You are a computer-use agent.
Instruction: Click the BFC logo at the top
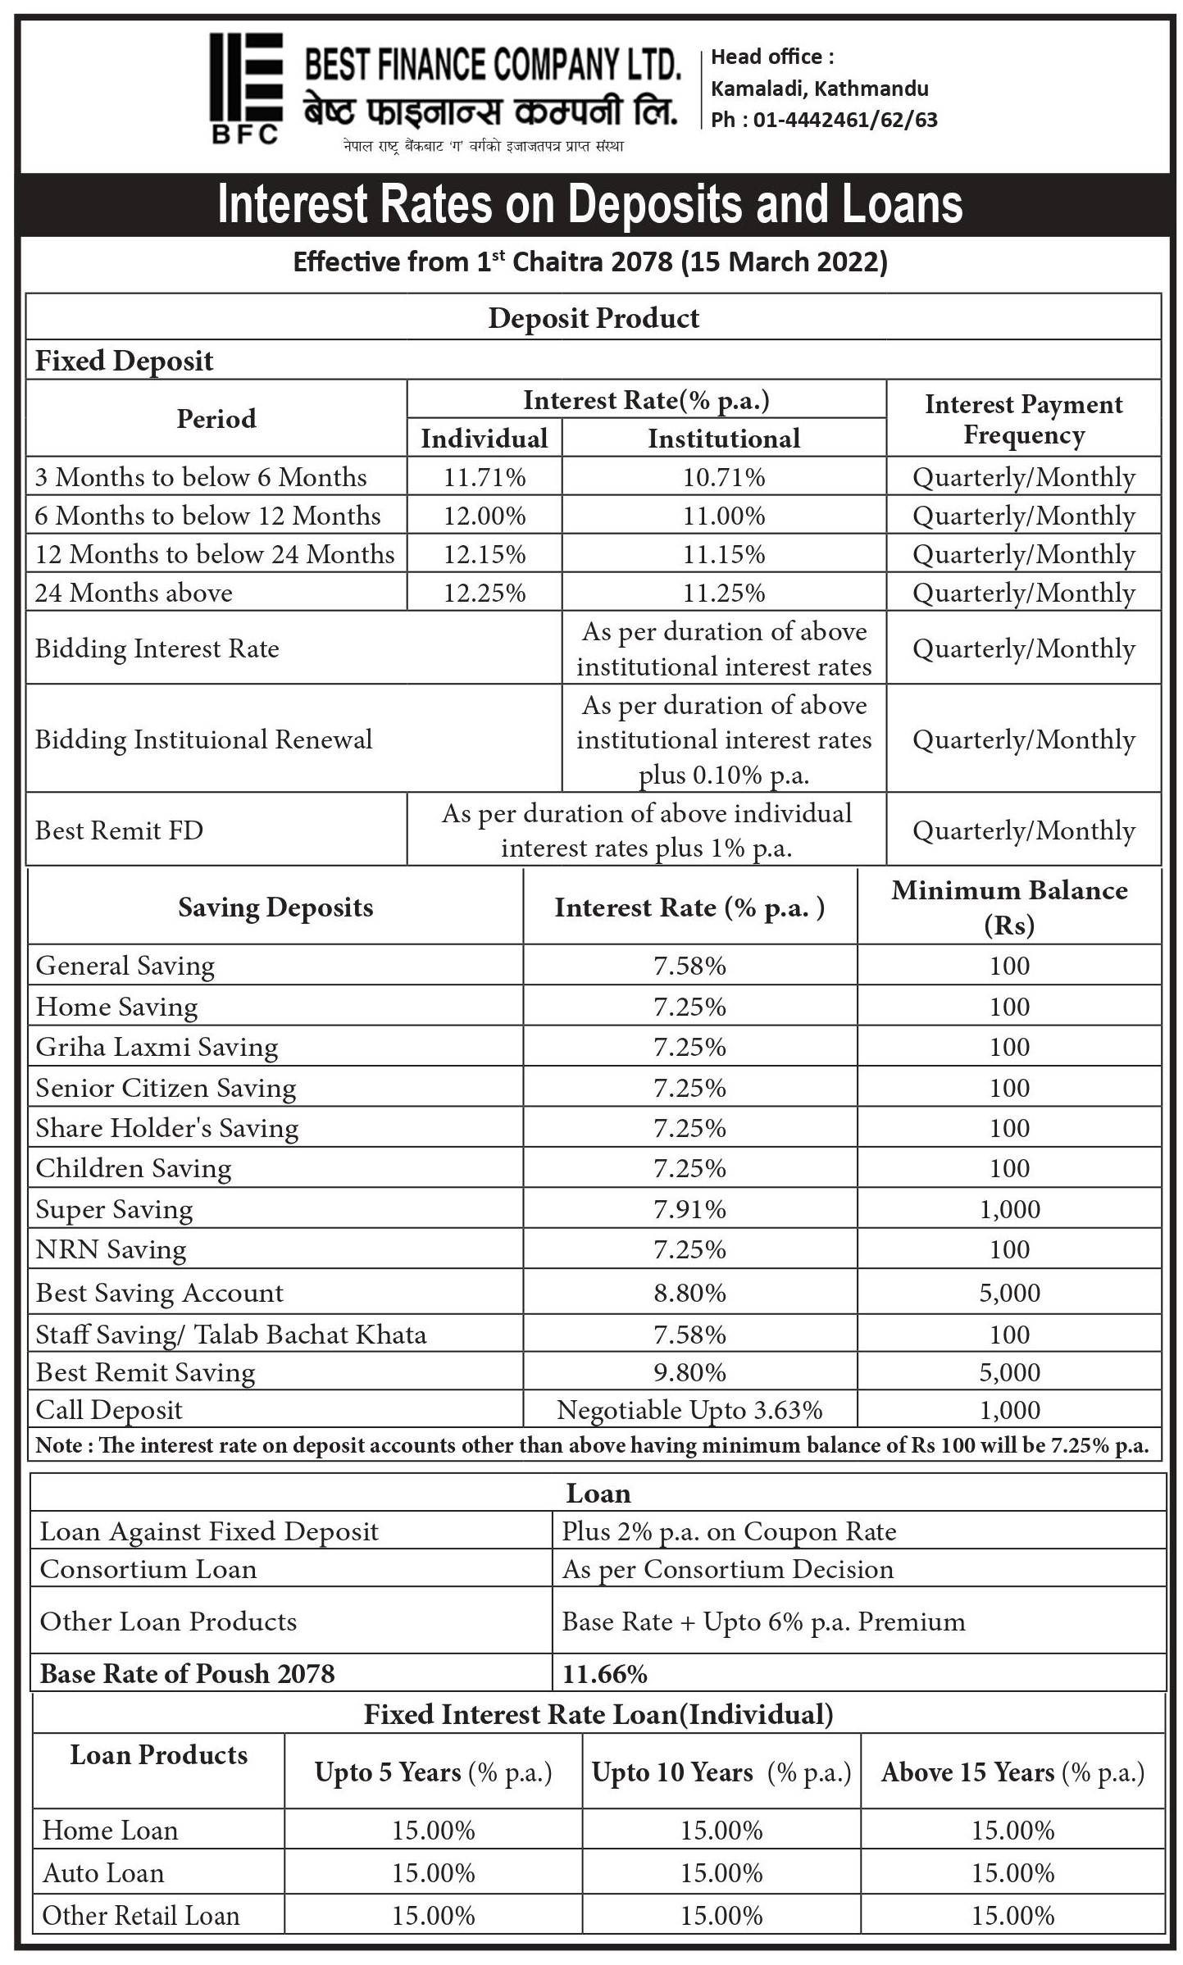click(246, 88)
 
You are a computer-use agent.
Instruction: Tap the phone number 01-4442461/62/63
click(844, 120)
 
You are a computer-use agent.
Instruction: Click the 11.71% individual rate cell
click(485, 477)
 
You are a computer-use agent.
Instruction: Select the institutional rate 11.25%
click(724, 593)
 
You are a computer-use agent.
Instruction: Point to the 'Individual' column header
click(485, 439)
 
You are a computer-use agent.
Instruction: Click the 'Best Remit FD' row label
click(119, 830)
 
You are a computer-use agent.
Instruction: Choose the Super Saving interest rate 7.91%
click(689, 1210)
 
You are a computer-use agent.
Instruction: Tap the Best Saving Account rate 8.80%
click(689, 1294)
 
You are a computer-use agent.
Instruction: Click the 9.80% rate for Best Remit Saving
click(689, 1373)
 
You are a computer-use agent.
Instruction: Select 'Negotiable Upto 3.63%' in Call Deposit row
click(689, 1411)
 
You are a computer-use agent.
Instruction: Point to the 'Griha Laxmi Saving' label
click(157, 1048)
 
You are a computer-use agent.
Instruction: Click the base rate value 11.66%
click(605, 1674)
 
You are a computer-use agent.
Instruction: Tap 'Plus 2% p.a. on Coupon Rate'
click(729, 1532)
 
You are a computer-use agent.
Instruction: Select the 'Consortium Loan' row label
click(148, 1570)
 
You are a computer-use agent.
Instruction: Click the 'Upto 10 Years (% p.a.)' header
click(721, 1773)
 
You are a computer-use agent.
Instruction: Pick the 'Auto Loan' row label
click(103, 1873)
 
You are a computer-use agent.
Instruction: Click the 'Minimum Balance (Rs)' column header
click(1009, 907)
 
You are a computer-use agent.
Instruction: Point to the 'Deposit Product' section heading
click(594, 318)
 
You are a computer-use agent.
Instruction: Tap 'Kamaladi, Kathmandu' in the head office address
click(819, 89)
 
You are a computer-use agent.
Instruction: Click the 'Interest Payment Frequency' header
click(1023, 419)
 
